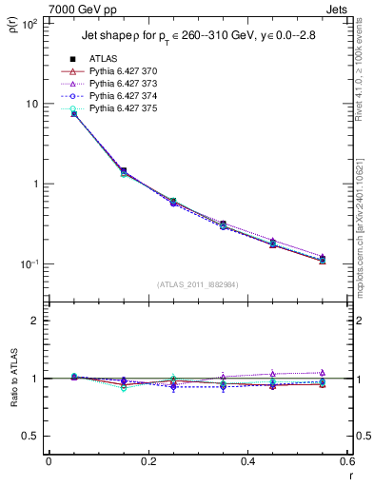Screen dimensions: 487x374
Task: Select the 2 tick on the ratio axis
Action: (x=35, y=321)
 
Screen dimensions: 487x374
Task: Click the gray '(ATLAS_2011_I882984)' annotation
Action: (x=197, y=284)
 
